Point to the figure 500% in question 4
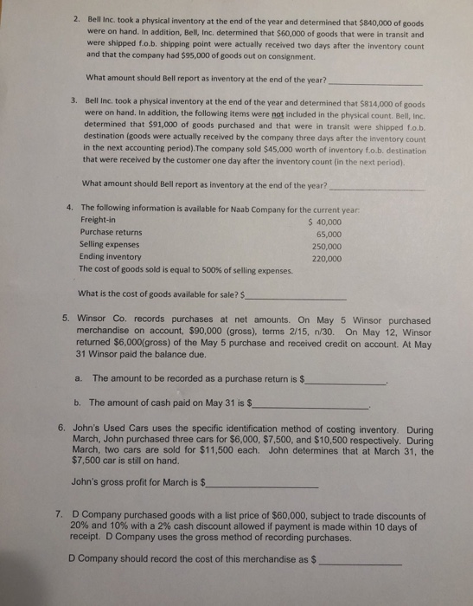coord(201,269)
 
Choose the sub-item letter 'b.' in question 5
coord(79,403)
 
